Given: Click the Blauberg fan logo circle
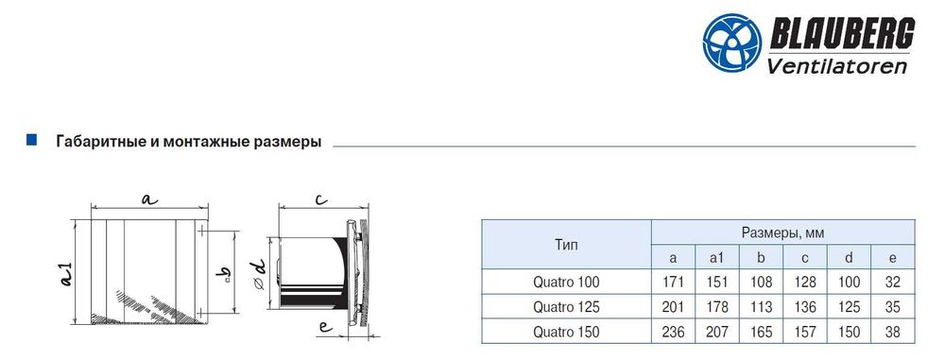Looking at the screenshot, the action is click(x=732, y=43).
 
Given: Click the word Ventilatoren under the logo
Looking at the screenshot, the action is click(x=836, y=64).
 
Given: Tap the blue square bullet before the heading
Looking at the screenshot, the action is click(x=31, y=141).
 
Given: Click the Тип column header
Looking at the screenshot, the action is click(x=565, y=245).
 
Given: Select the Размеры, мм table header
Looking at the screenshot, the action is click(x=782, y=232).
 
